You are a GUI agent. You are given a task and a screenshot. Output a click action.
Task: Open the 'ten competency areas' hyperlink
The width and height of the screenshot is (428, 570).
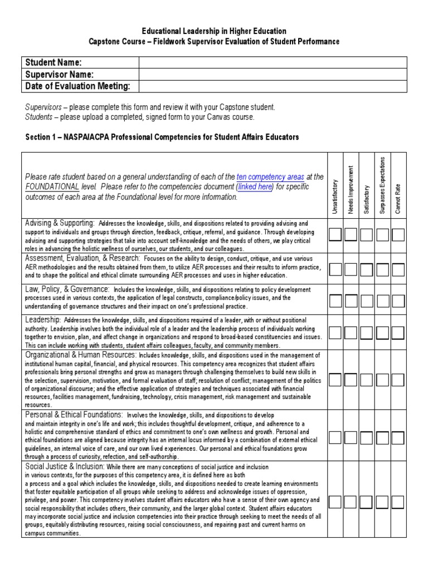(269, 177)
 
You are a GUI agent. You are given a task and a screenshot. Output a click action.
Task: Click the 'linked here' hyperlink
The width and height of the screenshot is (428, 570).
(255, 187)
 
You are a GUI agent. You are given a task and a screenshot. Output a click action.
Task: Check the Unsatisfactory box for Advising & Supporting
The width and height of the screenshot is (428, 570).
(335, 235)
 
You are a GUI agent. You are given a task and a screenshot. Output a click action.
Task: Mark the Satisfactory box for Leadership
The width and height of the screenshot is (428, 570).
(367, 333)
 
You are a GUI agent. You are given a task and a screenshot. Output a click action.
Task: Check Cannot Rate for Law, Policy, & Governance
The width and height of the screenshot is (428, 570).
(398, 301)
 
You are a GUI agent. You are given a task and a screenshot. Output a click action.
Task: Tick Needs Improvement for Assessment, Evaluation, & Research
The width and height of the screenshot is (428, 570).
(351, 269)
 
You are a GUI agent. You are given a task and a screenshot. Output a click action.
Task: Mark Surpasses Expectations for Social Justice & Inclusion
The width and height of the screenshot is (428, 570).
(382, 502)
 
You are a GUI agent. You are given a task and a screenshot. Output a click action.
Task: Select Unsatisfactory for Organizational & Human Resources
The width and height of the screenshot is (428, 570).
(335, 380)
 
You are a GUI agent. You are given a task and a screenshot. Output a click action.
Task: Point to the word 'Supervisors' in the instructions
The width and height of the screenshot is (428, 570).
(43, 107)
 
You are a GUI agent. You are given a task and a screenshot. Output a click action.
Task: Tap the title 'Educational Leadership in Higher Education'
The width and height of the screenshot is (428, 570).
(214, 32)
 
